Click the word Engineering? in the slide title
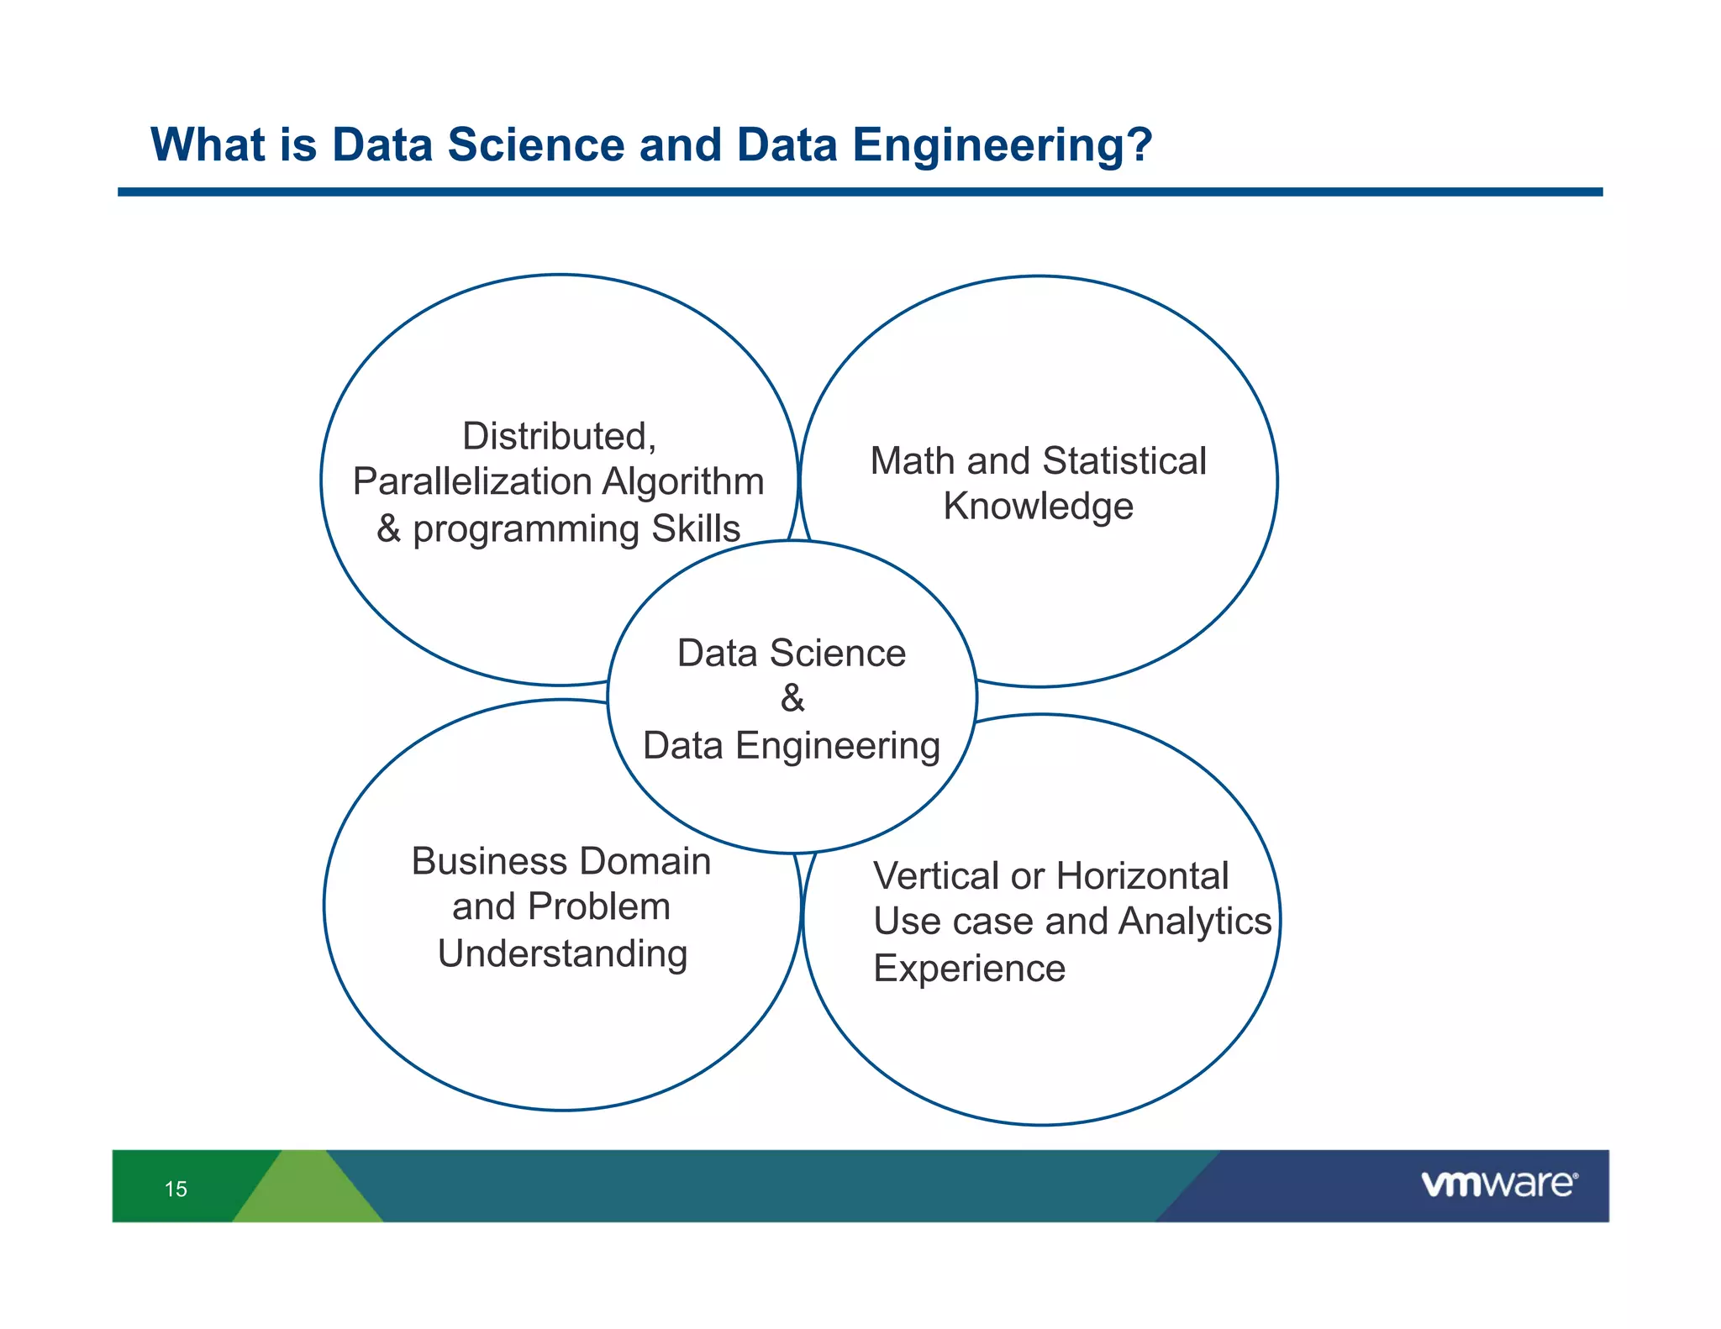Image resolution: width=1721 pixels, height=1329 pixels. coord(1002,145)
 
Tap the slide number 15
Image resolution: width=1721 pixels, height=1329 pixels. coord(176,1189)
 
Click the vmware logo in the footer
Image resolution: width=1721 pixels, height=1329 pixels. coord(1499,1184)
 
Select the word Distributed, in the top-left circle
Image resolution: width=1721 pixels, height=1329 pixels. coord(559,437)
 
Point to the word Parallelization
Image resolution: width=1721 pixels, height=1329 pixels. coord(472,482)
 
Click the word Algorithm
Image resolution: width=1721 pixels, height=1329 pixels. coord(683,482)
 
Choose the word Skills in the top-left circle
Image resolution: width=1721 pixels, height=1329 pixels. coord(696,529)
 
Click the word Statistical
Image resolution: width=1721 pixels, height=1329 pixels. coord(1124,461)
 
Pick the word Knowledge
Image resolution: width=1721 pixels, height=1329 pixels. coord(1038,507)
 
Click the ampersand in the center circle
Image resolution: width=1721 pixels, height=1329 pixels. coord(792,698)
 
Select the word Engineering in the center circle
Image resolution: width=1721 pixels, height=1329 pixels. coord(838,746)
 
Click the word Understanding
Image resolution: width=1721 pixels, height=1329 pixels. coord(562,954)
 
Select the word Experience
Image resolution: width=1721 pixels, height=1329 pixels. coord(969,969)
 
